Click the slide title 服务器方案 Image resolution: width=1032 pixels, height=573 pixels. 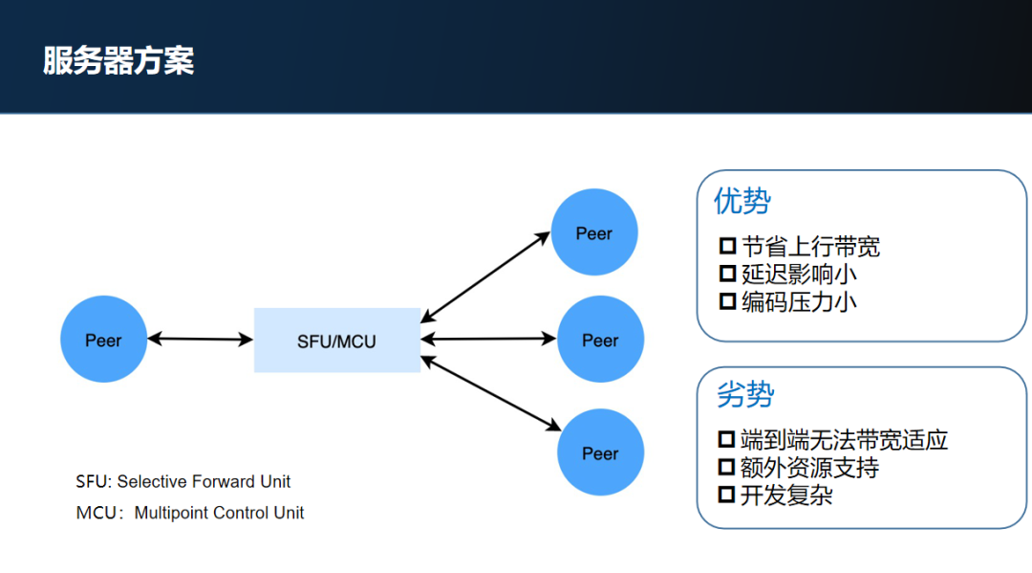click(x=118, y=60)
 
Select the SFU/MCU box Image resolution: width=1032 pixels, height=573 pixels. click(x=336, y=340)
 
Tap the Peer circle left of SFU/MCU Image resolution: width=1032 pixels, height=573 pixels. click(x=103, y=340)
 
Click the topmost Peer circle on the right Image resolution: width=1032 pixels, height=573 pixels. click(x=593, y=232)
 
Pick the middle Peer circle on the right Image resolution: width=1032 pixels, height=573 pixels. click(x=600, y=340)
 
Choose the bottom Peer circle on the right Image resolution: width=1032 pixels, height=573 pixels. click(x=600, y=452)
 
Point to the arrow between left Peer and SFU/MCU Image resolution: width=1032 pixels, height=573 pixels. click(x=200, y=339)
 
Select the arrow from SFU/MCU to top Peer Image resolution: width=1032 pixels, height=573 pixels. click(x=485, y=275)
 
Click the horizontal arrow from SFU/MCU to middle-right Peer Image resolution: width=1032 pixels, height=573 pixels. click(x=488, y=338)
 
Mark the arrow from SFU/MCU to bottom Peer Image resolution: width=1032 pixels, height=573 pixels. click(x=490, y=393)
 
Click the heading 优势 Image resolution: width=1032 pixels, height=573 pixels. click(x=742, y=202)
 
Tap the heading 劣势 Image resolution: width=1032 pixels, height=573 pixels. click(x=745, y=394)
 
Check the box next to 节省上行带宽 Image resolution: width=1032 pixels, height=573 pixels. click(x=727, y=247)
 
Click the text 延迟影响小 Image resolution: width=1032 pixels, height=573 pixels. click(x=799, y=275)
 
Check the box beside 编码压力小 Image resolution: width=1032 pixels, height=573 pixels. click(x=727, y=301)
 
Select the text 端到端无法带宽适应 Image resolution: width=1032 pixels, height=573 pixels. click(x=845, y=440)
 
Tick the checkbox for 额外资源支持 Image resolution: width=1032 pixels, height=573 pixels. click(x=727, y=468)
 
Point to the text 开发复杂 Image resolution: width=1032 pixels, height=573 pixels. click(x=786, y=496)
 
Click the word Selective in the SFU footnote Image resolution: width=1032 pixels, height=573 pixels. click(x=153, y=482)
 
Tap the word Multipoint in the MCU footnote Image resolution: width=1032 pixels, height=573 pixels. click(x=172, y=513)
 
